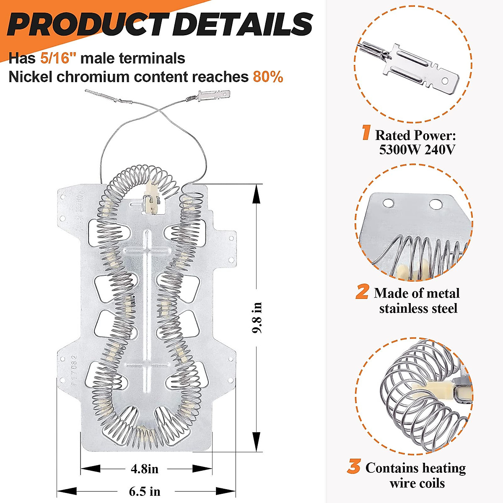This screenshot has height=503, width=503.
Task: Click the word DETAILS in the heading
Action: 242,24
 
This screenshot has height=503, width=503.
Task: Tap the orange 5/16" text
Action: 58,58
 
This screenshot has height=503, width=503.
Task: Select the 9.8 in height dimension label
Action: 257,317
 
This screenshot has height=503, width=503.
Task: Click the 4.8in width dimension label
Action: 145,468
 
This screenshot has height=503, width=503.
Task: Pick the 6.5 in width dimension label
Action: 145,491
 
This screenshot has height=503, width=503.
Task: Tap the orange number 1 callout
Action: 366,133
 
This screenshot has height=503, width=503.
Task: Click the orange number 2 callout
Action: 362,292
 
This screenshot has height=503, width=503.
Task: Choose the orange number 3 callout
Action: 354,467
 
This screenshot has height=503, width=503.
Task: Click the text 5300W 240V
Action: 417,150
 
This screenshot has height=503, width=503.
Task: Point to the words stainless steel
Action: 418,309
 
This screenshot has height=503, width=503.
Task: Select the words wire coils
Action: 417,483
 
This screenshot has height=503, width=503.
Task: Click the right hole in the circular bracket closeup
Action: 435,204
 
